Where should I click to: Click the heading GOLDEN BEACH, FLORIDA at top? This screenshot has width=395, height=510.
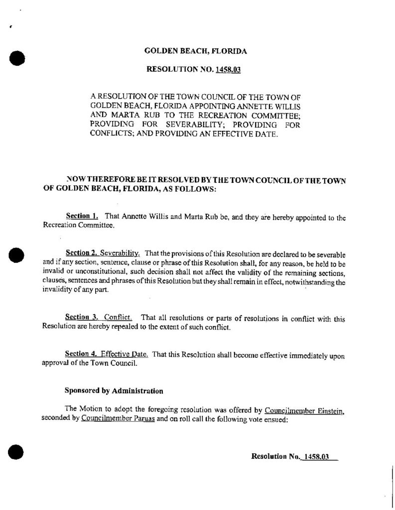pos(195,51)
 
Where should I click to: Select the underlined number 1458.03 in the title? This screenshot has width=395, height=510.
pos(229,70)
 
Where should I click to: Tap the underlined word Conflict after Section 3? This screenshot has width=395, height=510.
pos(118,317)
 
